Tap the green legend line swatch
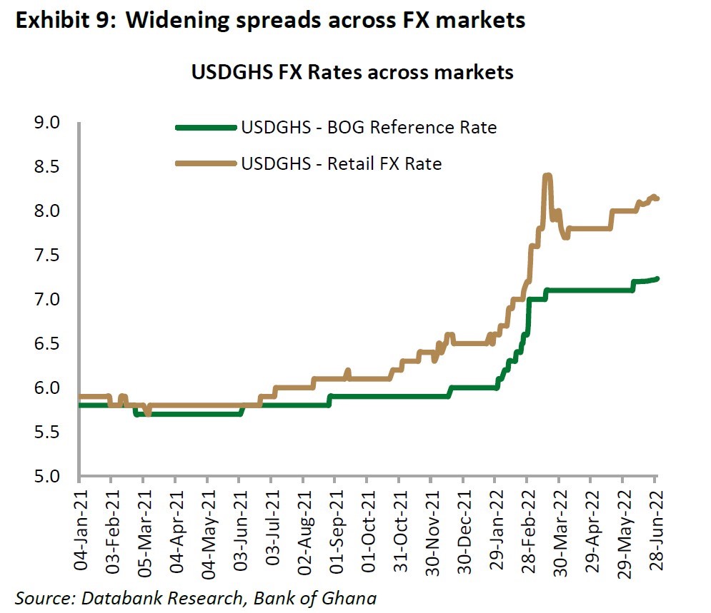pos(205,128)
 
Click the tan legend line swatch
pos(205,163)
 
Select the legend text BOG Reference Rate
pos(369,128)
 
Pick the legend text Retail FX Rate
pos(342,163)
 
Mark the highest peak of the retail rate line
pos(547,176)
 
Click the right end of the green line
pos(657,278)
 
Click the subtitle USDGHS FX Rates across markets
pos(352,73)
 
